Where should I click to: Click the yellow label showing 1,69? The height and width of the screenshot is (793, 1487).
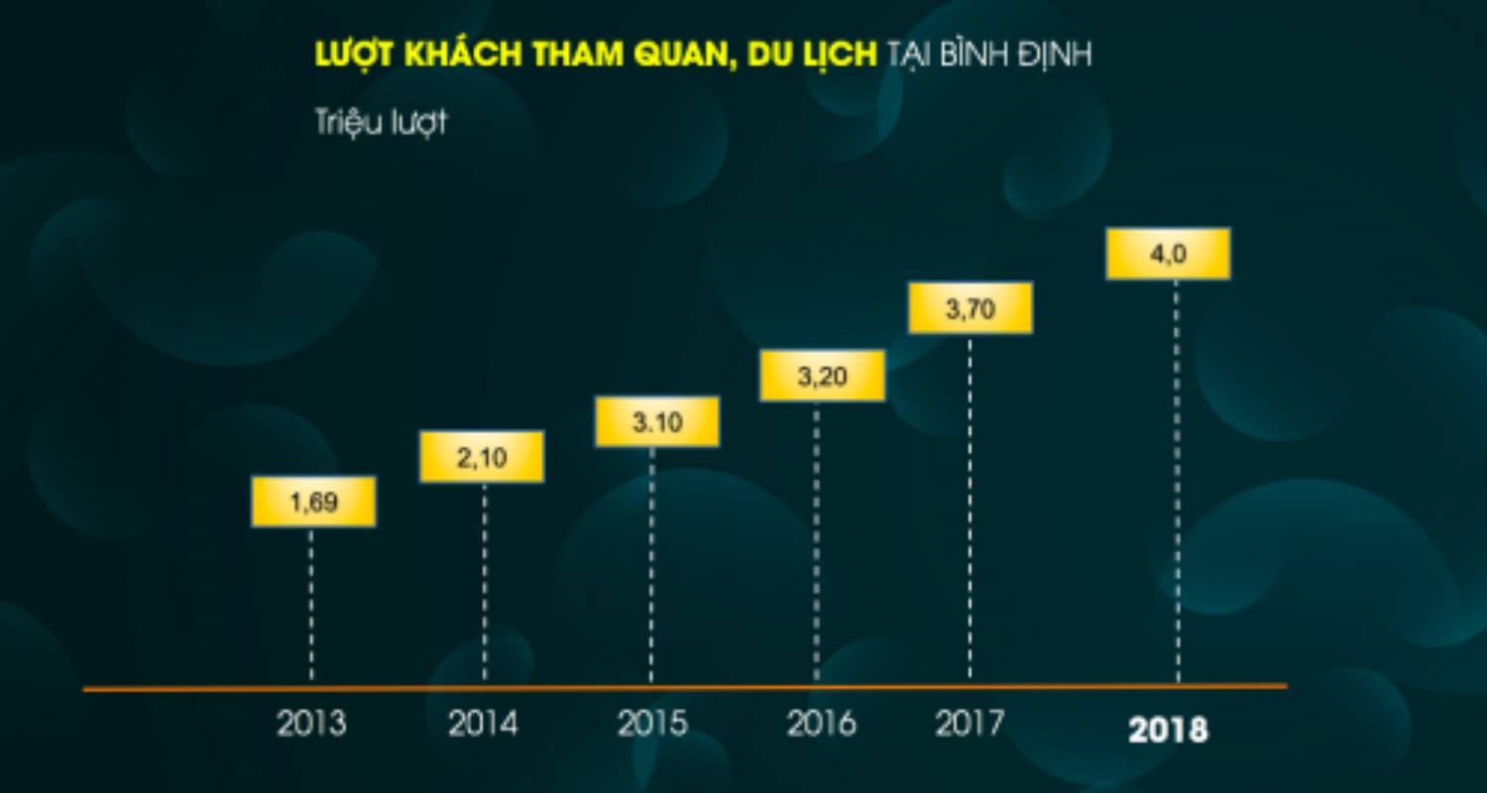point(313,502)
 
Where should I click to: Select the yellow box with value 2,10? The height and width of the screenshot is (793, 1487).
point(482,457)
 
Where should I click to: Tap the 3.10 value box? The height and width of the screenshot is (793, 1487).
point(657,422)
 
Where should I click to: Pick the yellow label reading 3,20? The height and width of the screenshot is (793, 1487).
point(822,376)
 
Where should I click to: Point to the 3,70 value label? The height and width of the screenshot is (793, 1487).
point(970,308)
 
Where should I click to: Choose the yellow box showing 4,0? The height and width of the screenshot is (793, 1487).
point(1168,254)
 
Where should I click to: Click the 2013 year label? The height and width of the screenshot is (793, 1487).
point(311,724)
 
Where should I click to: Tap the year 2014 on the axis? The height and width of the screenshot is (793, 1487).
point(483,724)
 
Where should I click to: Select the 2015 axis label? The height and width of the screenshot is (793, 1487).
point(652,724)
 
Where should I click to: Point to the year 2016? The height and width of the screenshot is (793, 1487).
point(821,724)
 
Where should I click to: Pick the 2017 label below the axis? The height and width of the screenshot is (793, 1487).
point(970,724)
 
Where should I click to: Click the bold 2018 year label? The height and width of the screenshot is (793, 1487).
point(1169,731)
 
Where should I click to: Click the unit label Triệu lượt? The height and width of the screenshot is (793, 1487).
point(381,124)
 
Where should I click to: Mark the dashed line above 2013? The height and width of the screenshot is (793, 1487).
point(311,605)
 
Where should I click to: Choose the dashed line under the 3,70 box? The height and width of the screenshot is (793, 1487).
point(970,506)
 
